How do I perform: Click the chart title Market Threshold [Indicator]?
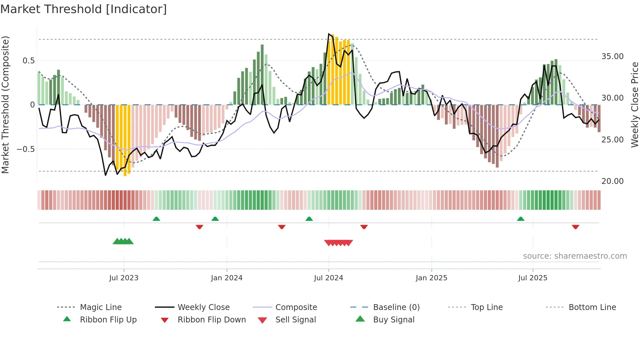click(x=84, y=9)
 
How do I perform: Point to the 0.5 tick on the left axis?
click(x=28, y=61)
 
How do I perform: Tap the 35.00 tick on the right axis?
click(x=612, y=57)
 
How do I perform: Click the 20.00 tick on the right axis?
click(x=612, y=181)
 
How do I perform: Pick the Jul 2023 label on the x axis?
click(x=124, y=278)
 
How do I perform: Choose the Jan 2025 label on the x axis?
click(x=431, y=278)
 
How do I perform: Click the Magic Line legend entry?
click(x=101, y=307)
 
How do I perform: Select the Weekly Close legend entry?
click(x=203, y=307)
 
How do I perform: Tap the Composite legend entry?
click(x=296, y=307)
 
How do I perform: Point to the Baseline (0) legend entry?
click(x=396, y=307)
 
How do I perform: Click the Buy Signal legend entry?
click(x=393, y=320)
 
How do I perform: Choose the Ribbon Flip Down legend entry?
click(x=211, y=320)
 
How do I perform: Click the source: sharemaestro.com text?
click(x=575, y=256)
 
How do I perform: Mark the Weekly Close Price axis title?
click(x=634, y=105)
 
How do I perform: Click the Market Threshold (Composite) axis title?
click(x=5, y=105)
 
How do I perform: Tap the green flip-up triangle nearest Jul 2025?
click(x=520, y=219)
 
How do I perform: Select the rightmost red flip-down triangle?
click(x=575, y=227)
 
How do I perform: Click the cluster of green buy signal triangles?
click(x=123, y=241)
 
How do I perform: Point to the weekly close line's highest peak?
click(x=329, y=34)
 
